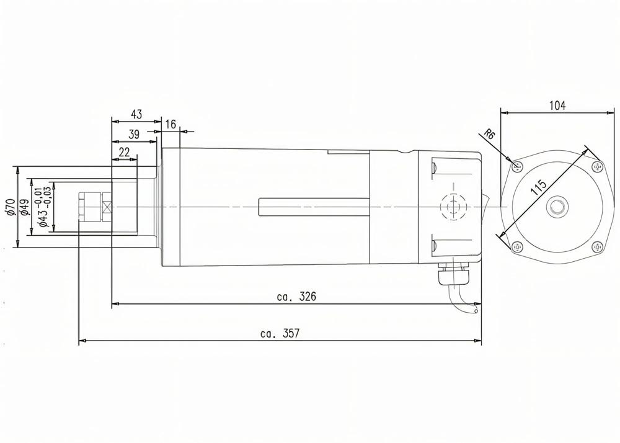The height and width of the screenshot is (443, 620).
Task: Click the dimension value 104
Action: point(557,105)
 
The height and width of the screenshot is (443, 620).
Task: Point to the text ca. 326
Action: point(296,297)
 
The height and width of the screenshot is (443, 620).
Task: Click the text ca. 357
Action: point(280,334)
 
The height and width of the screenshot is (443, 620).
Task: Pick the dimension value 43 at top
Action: point(136,114)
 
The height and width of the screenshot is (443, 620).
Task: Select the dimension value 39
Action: point(133,134)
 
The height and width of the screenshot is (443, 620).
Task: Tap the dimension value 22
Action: point(124,152)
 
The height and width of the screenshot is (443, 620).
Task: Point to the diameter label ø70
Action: point(9,206)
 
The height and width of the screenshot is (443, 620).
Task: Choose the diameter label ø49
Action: point(24,207)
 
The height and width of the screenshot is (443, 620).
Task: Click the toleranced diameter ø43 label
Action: point(42,207)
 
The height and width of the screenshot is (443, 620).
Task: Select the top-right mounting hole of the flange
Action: point(597,166)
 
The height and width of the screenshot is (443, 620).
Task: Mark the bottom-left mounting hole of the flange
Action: point(515,246)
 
